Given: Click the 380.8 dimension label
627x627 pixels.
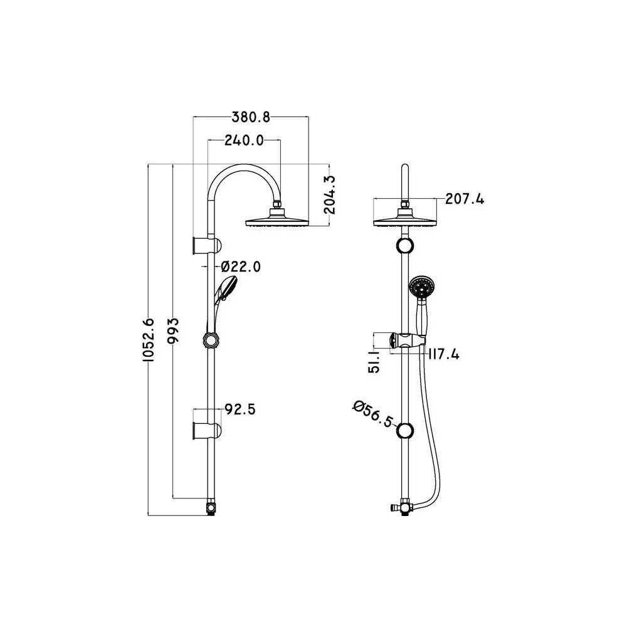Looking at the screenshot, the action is pos(251,117).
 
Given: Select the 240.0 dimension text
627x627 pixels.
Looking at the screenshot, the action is pos(243,140).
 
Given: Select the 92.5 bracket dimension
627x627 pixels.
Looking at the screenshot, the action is pos(239,410).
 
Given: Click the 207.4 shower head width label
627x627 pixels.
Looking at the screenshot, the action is pos(465,199).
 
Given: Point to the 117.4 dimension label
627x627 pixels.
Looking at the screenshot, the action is pos(443,354).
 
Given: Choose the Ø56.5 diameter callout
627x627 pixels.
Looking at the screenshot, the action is pos(372,414).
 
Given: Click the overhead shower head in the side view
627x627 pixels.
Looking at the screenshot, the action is pos(276,221).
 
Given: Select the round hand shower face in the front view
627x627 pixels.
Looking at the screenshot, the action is pos(421,288).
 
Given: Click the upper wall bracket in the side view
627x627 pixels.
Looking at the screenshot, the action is pos(207,244).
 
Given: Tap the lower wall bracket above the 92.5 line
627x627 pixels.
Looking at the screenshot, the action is pos(207,430).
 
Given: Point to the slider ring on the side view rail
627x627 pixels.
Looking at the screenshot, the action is pos(211,340).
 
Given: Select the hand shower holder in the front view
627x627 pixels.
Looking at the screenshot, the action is pos(407,341).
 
